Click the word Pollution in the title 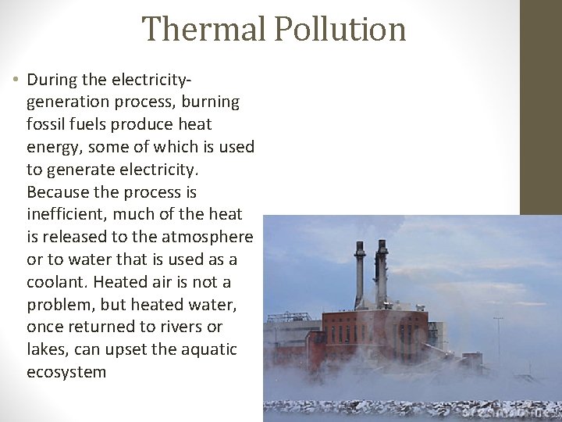click(340, 30)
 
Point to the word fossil click(48, 124)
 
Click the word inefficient click(69, 214)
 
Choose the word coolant click(56, 281)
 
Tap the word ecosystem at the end click(66, 372)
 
